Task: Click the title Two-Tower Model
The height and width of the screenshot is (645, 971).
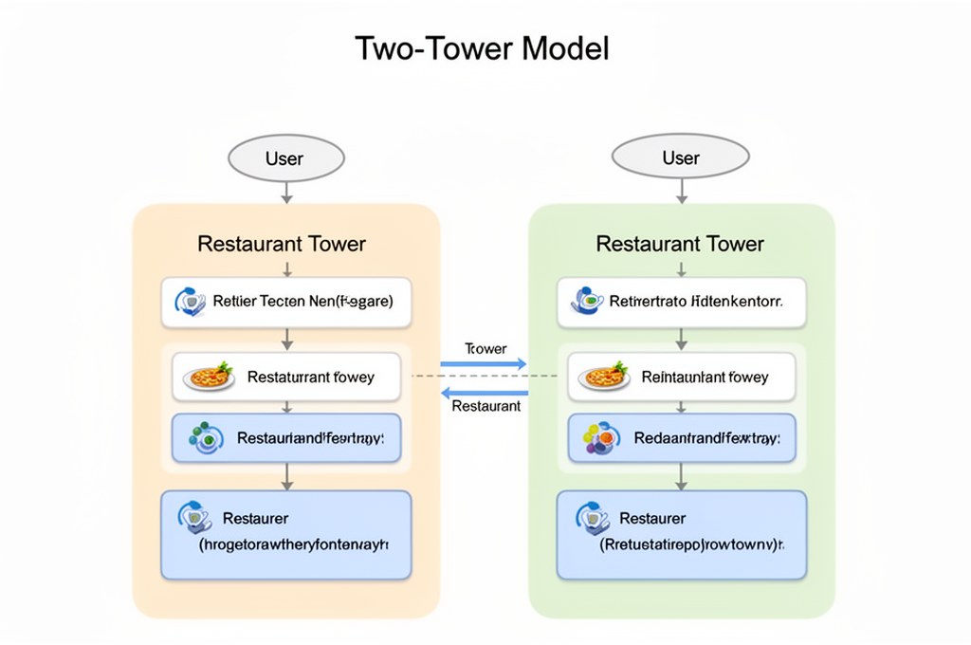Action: coord(482,48)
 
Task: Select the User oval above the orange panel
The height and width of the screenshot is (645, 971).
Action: coord(284,157)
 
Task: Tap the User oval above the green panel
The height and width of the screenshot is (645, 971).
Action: coord(681,157)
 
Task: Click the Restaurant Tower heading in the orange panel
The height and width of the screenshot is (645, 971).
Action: coord(282,244)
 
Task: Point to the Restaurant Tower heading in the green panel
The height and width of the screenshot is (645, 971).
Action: coord(680,244)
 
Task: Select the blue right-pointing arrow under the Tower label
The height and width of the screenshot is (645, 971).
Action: coord(484,363)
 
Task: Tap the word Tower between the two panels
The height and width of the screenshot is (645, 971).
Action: coord(485,348)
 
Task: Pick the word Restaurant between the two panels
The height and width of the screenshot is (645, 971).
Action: coord(486,406)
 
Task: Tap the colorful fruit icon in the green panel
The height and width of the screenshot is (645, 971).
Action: coord(598,437)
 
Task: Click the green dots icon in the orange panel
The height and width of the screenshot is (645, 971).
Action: coord(202,437)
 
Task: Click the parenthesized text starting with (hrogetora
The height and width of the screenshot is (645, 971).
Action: coord(294,545)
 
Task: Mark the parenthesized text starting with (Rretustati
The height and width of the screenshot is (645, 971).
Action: coord(687,545)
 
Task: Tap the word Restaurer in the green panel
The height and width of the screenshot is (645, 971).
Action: coord(652,518)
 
